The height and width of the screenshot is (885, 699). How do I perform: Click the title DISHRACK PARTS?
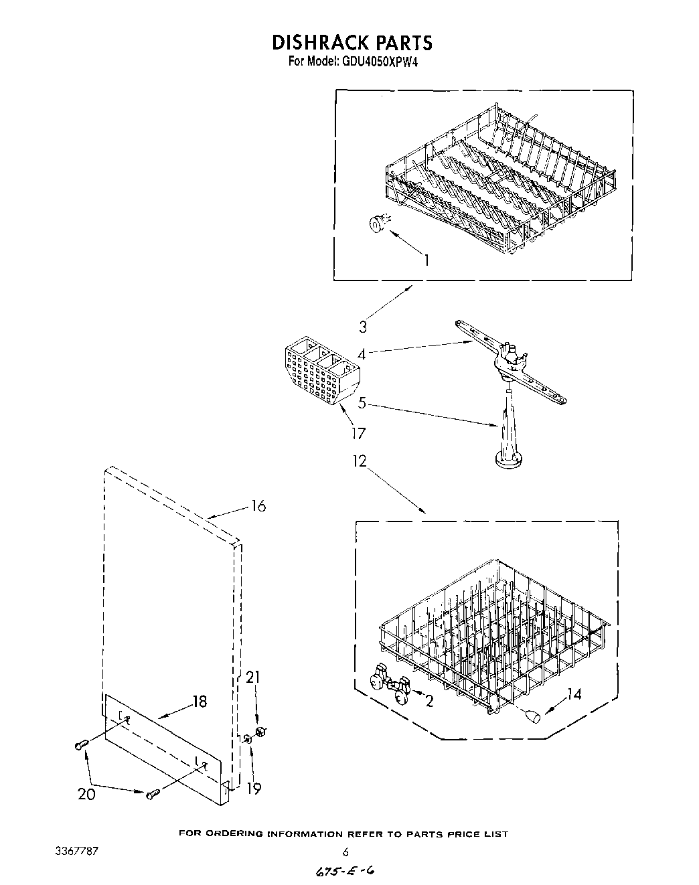(x=352, y=43)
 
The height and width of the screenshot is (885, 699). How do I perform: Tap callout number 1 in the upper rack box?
(x=426, y=260)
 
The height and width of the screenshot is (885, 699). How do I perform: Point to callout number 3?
(x=364, y=327)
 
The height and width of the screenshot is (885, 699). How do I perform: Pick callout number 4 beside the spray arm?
(x=362, y=353)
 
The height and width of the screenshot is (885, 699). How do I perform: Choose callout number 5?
(x=362, y=403)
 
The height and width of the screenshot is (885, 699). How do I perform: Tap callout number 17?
(x=358, y=434)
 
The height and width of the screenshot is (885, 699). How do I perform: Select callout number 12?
(x=361, y=461)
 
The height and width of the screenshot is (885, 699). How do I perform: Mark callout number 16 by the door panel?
(x=258, y=506)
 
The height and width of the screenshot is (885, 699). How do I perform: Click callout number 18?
(x=200, y=702)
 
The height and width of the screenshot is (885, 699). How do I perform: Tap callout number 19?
(x=254, y=789)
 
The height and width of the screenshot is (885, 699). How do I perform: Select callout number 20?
(x=86, y=794)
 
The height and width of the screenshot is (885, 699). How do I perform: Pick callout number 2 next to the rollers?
(x=429, y=702)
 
